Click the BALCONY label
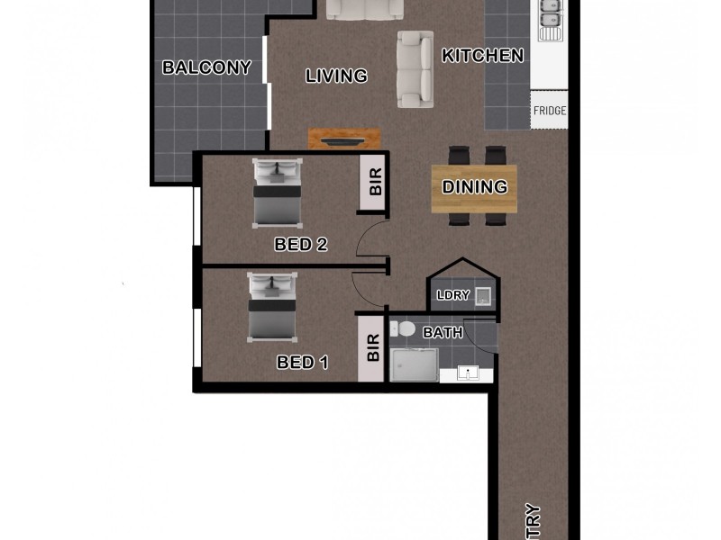pos(205,67)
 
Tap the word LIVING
pos(336,76)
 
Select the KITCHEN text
pos(482,56)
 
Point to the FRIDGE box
pos(550,111)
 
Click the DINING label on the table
pos(475,187)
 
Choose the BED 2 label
pos(300,244)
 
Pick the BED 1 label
pos(302,363)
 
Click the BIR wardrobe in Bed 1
pos(372,347)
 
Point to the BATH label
pos(443,333)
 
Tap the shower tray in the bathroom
pos(415,365)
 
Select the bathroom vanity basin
pos(467,373)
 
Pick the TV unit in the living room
pos(344,139)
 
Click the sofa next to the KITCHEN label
pos(415,68)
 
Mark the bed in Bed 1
pos(273,310)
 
